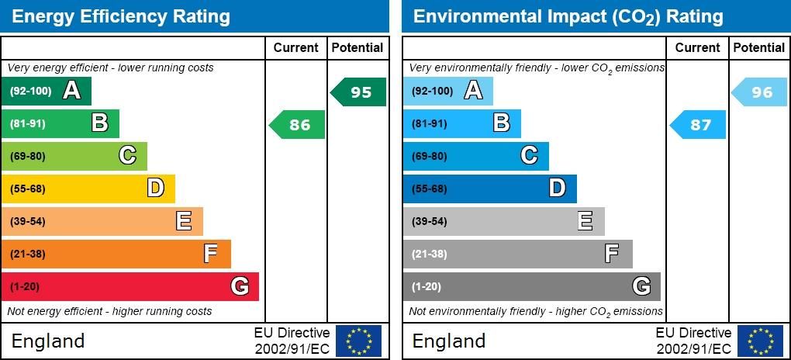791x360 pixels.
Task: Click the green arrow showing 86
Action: (x=297, y=125)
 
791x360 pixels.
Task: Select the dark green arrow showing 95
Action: (x=358, y=92)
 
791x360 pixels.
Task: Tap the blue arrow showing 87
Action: (x=698, y=125)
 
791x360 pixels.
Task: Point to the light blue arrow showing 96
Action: (x=760, y=92)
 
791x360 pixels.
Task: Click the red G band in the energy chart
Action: (x=130, y=286)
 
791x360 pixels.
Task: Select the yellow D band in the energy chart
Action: (x=88, y=189)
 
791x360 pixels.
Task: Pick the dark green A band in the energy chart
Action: (x=47, y=91)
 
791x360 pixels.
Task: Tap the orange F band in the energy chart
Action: (x=116, y=254)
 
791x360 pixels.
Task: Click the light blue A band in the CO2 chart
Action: (x=447, y=91)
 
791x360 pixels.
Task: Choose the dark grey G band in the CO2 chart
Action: (x=531, y=286)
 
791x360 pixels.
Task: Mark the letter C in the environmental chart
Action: (x=529, y=156)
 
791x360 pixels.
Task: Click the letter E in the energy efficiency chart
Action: (x=184, y=221)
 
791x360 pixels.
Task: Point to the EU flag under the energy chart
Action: (x=358, y=341)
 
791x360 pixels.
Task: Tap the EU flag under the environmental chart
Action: (x=760, y=341)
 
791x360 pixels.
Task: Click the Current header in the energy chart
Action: (x=296, y=48)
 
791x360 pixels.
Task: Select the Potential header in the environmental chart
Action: (x=758, y=48)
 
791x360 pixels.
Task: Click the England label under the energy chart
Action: (x=48, y=341)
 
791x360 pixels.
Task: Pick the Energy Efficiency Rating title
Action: (x=121, y=16)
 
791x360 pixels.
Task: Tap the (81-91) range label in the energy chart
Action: (x=28, y=123)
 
